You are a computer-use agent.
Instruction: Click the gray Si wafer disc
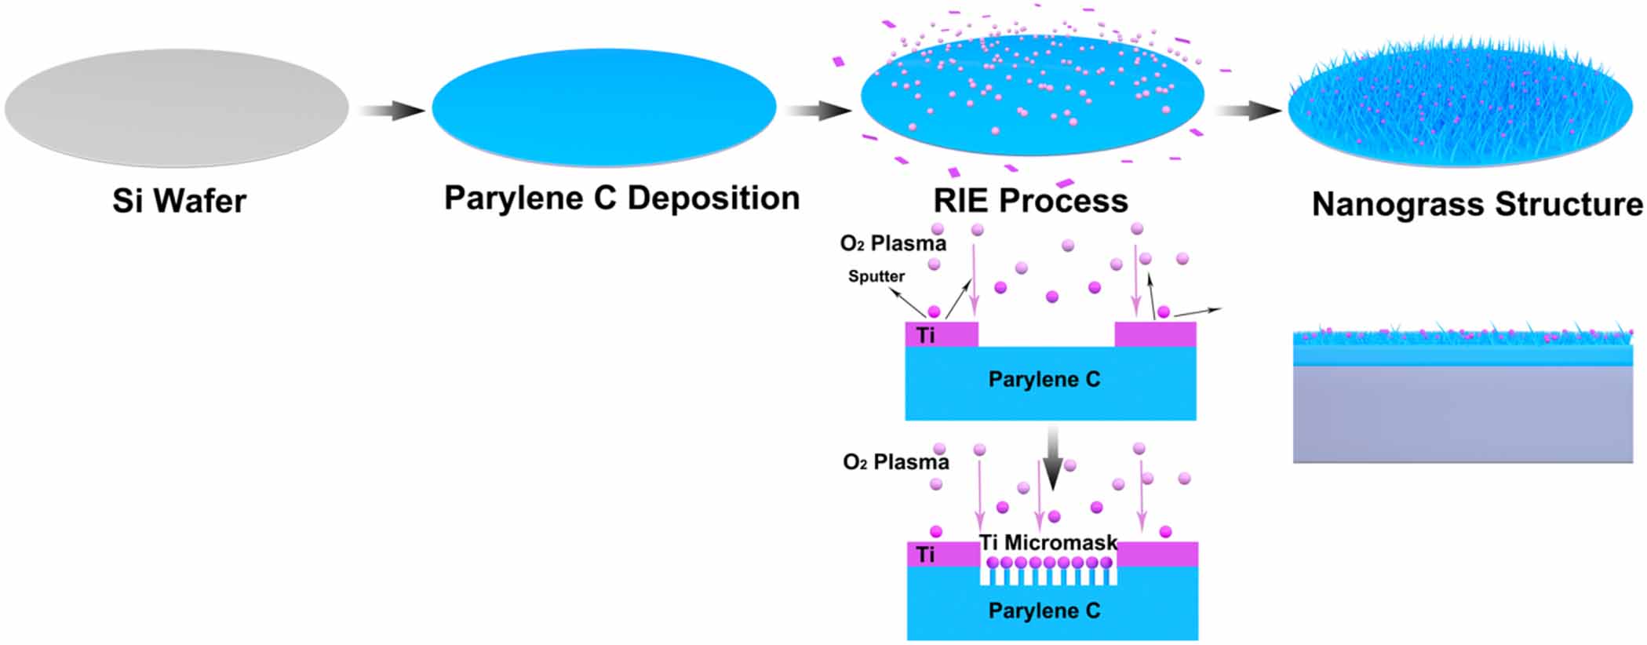pos(177,108)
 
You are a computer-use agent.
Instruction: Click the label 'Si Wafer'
pos(179,202)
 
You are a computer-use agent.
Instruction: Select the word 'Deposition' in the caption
pos(713,198)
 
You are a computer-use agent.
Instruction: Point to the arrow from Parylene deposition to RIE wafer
pos(818,111)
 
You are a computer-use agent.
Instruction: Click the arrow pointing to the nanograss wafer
pos(1248,111)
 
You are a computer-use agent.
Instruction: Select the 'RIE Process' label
pos(1030,201)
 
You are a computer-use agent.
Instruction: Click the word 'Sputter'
pos(876,276)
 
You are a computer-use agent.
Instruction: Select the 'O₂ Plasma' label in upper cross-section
pos(893,243)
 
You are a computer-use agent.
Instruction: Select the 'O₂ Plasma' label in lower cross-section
pos(895,462)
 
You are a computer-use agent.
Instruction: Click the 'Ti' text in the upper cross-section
pos(926,336)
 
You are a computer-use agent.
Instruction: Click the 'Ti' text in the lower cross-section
pos(926,555)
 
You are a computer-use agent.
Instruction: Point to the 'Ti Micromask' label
pos(1048,542)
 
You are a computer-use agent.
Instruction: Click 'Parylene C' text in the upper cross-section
pos(1044,380)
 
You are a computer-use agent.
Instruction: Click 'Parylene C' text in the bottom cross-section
pos(1044,610)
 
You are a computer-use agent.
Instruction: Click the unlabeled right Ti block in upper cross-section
pos(1155,335)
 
